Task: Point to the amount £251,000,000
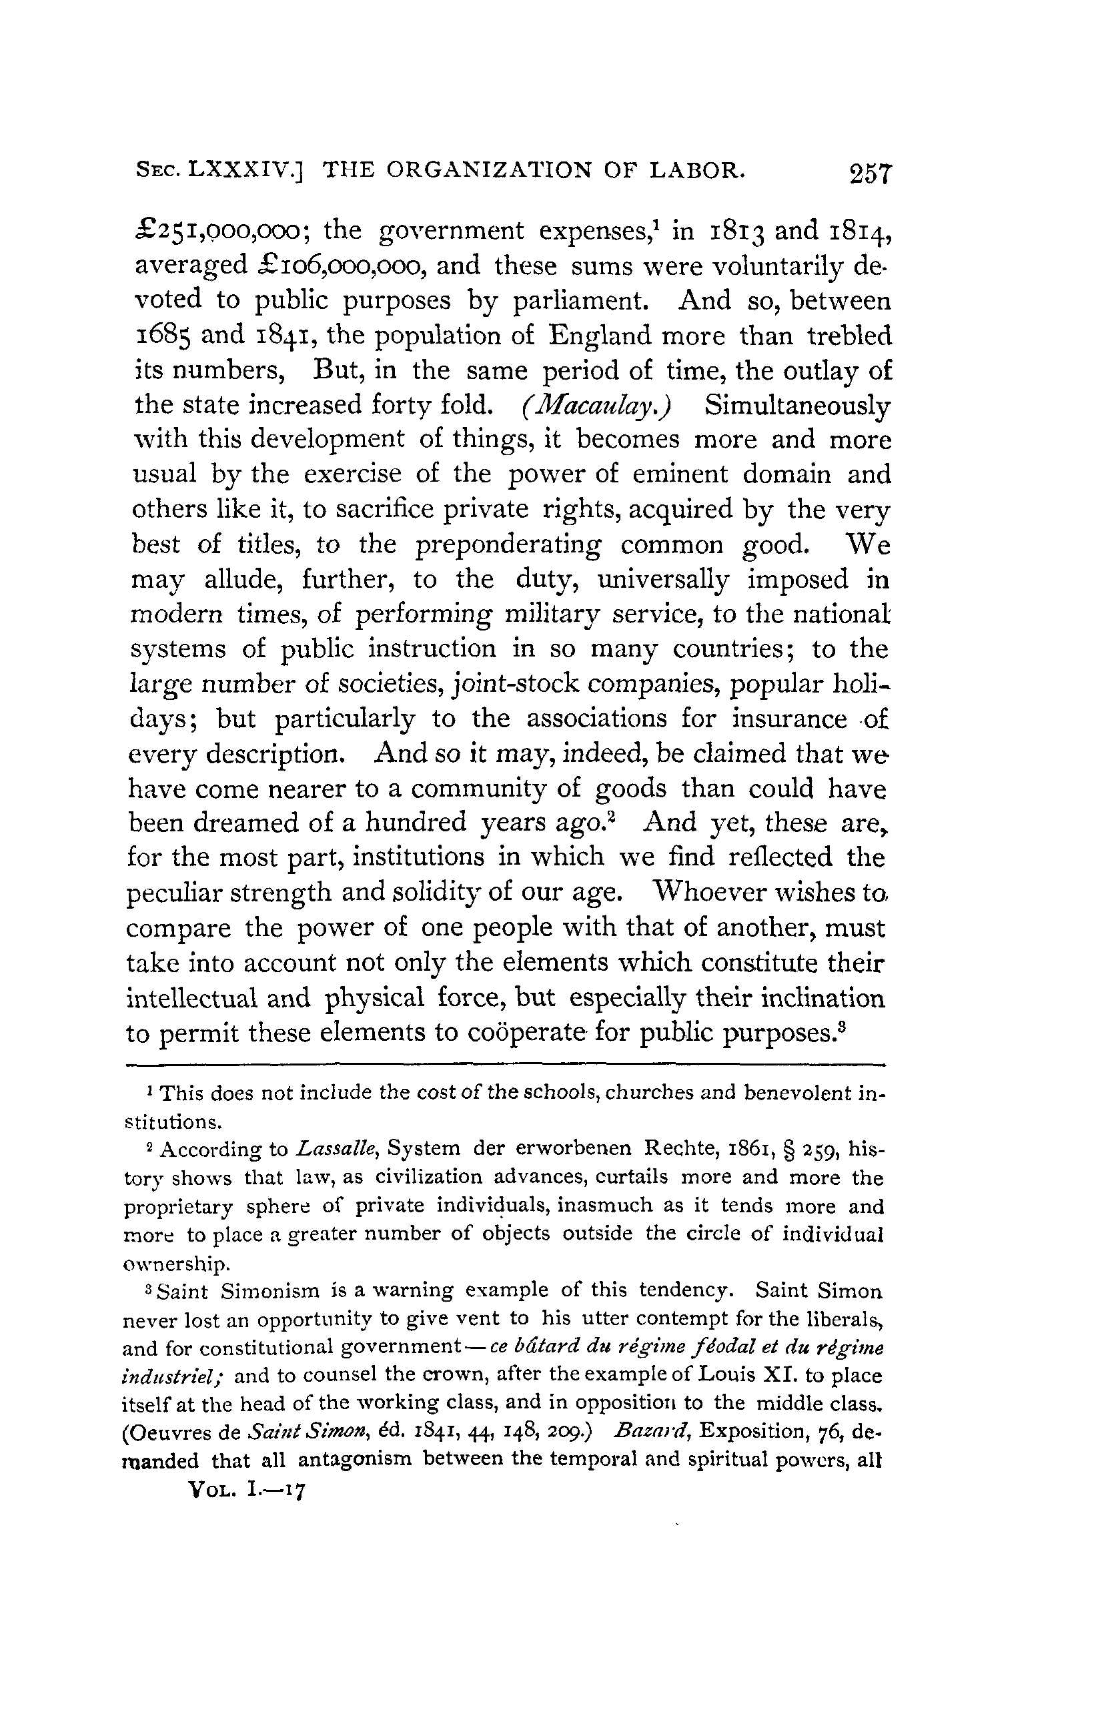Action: (221, 232)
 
